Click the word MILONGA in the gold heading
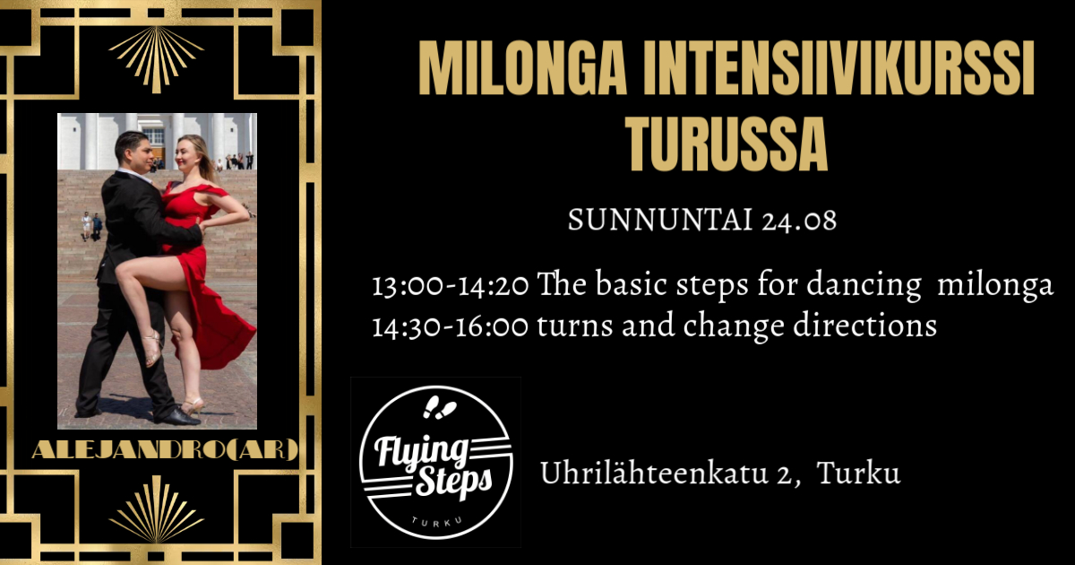tap(522, 68)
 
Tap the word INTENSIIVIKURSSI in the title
tap(838, 68)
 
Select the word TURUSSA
tap(727, 143)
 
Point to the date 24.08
tap(798, 220)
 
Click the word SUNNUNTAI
tap(660, 220)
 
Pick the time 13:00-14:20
tap(451, 285)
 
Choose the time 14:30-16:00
tap(450, 326)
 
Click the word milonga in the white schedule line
tap(995, 285)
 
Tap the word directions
tap(864, 326)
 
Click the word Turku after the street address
tap(858, 473)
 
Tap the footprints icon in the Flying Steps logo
tap(439, 407)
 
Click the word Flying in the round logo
tap(421, 450)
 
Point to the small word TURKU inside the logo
tap(437, 522)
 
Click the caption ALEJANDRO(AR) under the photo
tap(165, 450)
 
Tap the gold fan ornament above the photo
tap(157, 58)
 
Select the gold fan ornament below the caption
tap(157, 509)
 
